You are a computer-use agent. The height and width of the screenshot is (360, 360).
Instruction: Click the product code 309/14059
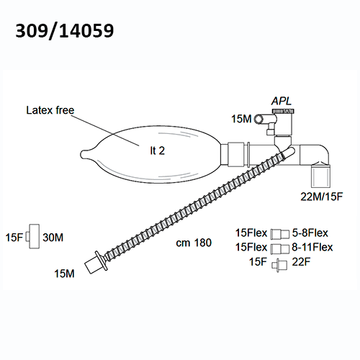coord(65,31)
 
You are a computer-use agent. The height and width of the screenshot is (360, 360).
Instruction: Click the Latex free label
coord(50,110)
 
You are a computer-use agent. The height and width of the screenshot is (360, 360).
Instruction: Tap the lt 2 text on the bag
coord(158,150)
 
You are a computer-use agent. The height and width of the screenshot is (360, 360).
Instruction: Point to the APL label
coord(282,101)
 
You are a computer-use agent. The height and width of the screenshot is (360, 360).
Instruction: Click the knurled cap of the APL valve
coord(283,111)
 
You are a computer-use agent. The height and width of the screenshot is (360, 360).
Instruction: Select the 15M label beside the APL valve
coord(241,119)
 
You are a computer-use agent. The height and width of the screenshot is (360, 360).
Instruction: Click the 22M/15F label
coord(322,197)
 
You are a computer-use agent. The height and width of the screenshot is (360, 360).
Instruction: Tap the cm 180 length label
coord(194,243)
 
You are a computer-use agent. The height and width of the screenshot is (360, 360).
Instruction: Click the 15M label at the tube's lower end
coord(64,274)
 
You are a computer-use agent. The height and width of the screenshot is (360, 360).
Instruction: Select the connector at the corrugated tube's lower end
coord(96,263)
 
